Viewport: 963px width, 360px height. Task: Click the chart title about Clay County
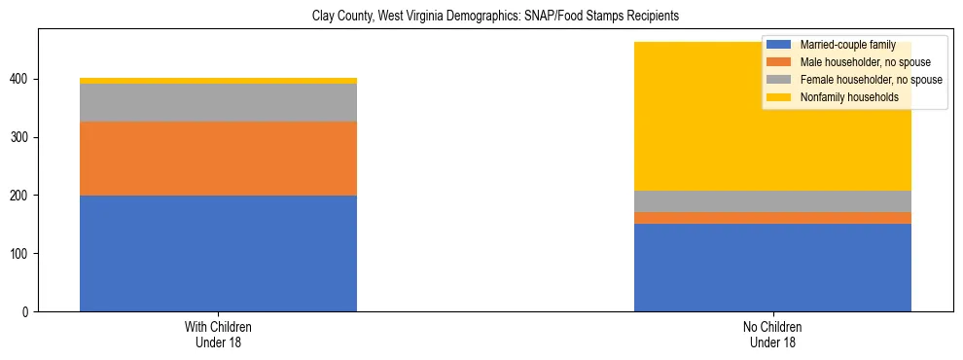pos(495,17)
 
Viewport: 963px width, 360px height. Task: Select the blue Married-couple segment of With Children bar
pos(218,253)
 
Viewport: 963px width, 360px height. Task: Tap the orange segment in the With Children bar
pos(218,159)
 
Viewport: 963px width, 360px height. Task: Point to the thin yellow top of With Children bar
pos(218,81)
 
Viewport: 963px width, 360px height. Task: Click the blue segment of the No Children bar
pos(772,268)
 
